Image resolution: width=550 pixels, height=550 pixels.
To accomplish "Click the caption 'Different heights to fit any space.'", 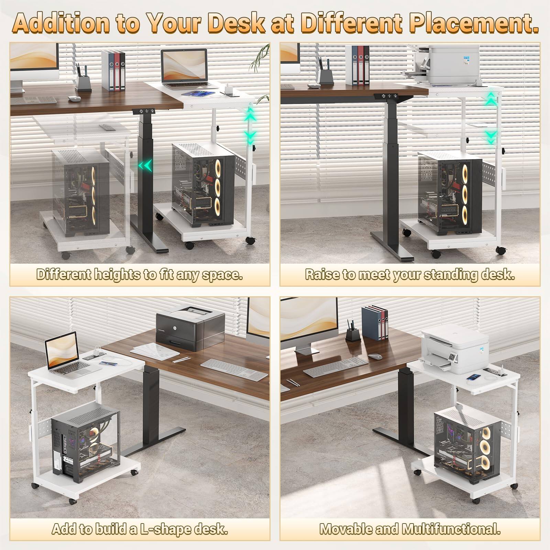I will coord(140,275).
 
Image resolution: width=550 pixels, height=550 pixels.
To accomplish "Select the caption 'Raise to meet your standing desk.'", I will coord(410,275).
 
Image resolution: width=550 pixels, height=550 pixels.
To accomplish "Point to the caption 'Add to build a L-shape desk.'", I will coord(140,529).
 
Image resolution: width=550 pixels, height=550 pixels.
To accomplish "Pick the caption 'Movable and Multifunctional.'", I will coord(410,529).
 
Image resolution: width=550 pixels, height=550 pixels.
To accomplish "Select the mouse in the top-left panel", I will coord(74,99).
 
